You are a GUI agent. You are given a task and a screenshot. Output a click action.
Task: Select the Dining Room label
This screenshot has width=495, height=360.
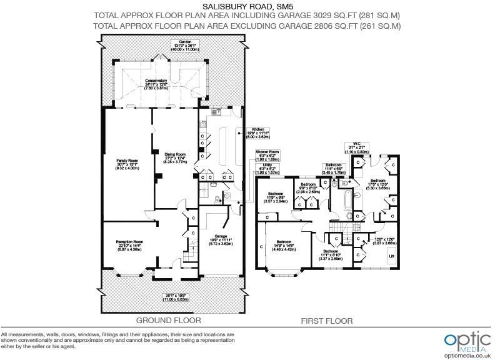[x=175, y=157]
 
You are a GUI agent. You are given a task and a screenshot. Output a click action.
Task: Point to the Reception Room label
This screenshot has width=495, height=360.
[x=130, y=245]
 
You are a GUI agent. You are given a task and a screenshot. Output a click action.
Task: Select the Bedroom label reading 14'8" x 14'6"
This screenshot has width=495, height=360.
[x=285, y=245]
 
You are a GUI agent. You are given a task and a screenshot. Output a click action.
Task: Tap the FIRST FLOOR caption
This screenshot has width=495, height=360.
[x=327, y=321]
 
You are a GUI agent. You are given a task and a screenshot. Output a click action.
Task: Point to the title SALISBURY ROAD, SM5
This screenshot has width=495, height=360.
[x=246, y=7]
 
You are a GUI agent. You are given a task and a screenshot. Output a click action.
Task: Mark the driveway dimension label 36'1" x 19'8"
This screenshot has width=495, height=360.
[x=176, y=297]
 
